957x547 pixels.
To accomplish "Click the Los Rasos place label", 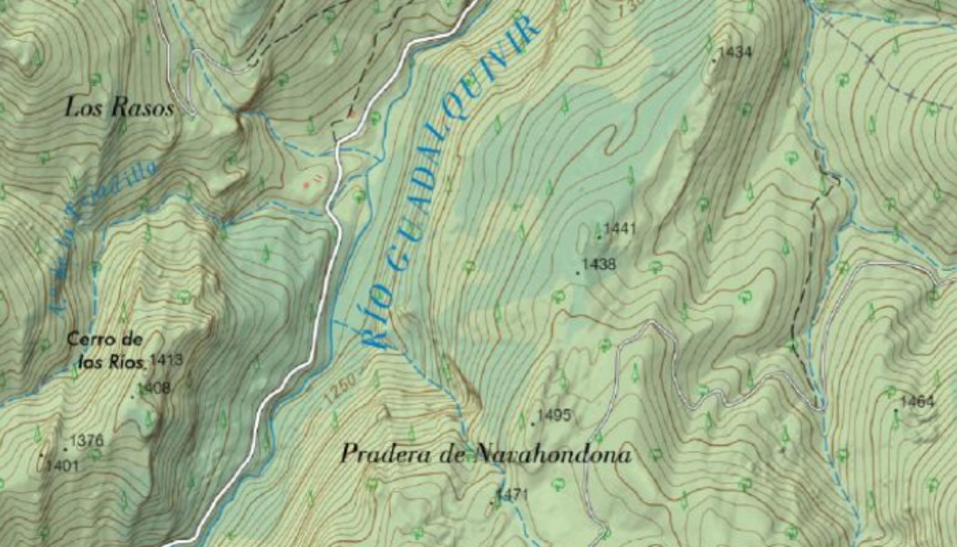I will click(119, 108).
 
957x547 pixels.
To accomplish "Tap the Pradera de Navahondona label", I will click(486, 454).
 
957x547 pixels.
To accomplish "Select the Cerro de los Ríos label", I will click(106, 351).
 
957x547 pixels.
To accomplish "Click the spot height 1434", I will click(736, 53).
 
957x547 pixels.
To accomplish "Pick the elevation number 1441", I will click(619, 228).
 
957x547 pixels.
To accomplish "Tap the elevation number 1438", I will click(600, 264).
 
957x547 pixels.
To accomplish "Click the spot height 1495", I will click(554, 416).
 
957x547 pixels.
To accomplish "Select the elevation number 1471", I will click(513, 495).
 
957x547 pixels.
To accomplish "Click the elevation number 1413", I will click(167, 360).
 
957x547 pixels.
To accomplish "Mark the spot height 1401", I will click(64, 466).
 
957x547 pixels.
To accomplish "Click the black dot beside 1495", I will click(533, 424).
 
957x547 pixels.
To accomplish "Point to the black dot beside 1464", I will click(896, 410).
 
